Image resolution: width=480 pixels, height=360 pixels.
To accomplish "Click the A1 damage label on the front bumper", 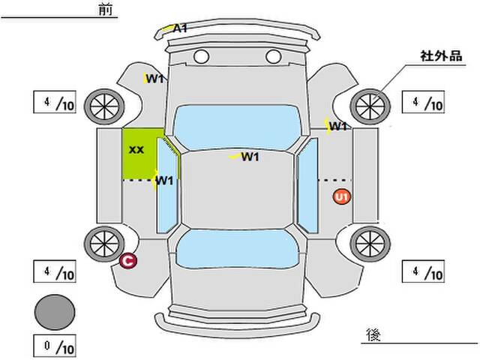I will pos(179,28).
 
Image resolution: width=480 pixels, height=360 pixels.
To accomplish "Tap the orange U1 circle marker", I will pos(342,197).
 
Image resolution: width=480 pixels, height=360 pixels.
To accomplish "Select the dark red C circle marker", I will pos(128,261).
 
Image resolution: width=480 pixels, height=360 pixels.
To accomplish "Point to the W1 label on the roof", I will pos(250,157).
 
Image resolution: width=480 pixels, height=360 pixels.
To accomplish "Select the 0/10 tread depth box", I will pos(55,348).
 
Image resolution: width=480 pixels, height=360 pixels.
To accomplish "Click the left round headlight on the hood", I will pos(200,56).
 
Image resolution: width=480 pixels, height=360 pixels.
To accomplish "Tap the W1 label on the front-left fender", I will pos(155,79).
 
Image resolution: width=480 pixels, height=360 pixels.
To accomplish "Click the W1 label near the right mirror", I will pos(338,127).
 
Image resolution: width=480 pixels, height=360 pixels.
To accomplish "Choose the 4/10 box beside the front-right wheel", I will pos(424,102).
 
